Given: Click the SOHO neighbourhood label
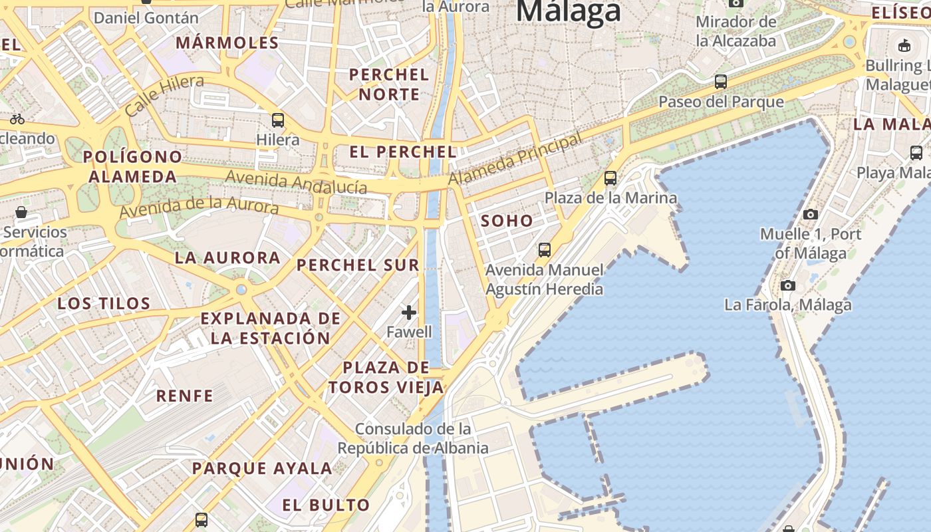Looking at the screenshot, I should pos(507,221).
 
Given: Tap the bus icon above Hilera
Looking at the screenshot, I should pos(278,120).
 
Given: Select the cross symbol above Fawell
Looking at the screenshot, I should pos(409,312).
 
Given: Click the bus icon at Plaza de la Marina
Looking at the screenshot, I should pos(610,178).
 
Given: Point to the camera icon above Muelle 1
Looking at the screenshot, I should pos(810,214).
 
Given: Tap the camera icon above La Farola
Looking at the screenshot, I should pos(788,285).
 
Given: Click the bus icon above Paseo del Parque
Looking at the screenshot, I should pos(721,82).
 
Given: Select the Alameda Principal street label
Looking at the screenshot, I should pos(515,158).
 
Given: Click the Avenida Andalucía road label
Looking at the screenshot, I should pos(296,182).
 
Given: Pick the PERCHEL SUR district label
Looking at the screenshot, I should pos(358,265).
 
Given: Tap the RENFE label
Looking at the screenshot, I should pos(184,396).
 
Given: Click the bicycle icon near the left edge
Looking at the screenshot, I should pos(17,119).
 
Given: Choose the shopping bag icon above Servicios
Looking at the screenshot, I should pos(21,212).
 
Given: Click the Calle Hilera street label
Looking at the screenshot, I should pos(164,96).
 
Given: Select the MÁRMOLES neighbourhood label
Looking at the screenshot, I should pos(227,43).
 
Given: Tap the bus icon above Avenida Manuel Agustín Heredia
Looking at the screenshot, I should pos(545,250).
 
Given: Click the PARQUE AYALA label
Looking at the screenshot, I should pos(262,468).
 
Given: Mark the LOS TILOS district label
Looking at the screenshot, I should pos(104,304).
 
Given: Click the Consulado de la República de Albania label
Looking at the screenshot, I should pos(413,438).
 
